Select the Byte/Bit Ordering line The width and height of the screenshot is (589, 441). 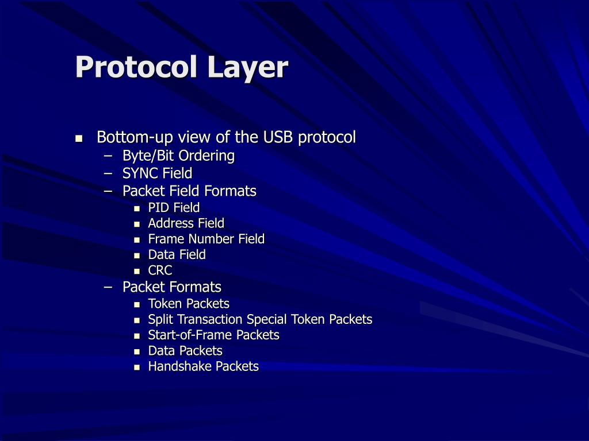(178, 156)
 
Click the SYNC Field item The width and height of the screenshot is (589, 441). (157, 173)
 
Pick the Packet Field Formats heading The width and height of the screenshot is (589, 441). (189, 191)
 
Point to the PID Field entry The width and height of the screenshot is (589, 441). (174, 208)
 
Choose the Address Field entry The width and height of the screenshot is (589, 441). (186, 223)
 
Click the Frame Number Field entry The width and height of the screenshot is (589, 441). (206, 239)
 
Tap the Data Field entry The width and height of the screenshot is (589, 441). (177, 255)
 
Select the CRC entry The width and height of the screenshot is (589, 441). (160, 270)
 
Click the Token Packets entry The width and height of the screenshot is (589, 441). (189, 304)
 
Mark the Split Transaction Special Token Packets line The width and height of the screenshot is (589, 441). (260, 319)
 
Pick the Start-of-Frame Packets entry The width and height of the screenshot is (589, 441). (213, 335)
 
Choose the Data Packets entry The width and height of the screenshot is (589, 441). (185, 351)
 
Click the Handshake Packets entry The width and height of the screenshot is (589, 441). (203, 366)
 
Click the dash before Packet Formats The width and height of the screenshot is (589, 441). (109, 287)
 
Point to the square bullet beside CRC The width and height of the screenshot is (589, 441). (137, 271)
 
